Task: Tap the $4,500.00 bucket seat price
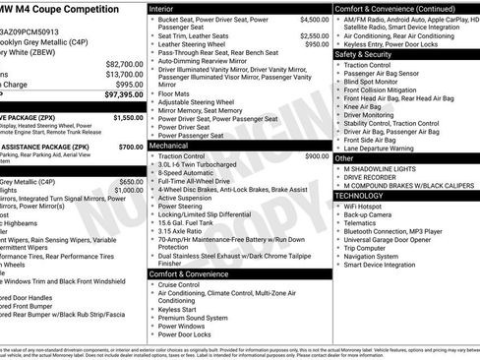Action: [x=314, y=19]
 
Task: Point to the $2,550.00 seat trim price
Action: [x=314, y=35]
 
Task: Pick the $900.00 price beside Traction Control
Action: [x=317, y=155]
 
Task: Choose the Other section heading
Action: [x=344, y=157]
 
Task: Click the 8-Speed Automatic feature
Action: [x=187, y=172]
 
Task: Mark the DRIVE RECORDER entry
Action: [x=376, y=177]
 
